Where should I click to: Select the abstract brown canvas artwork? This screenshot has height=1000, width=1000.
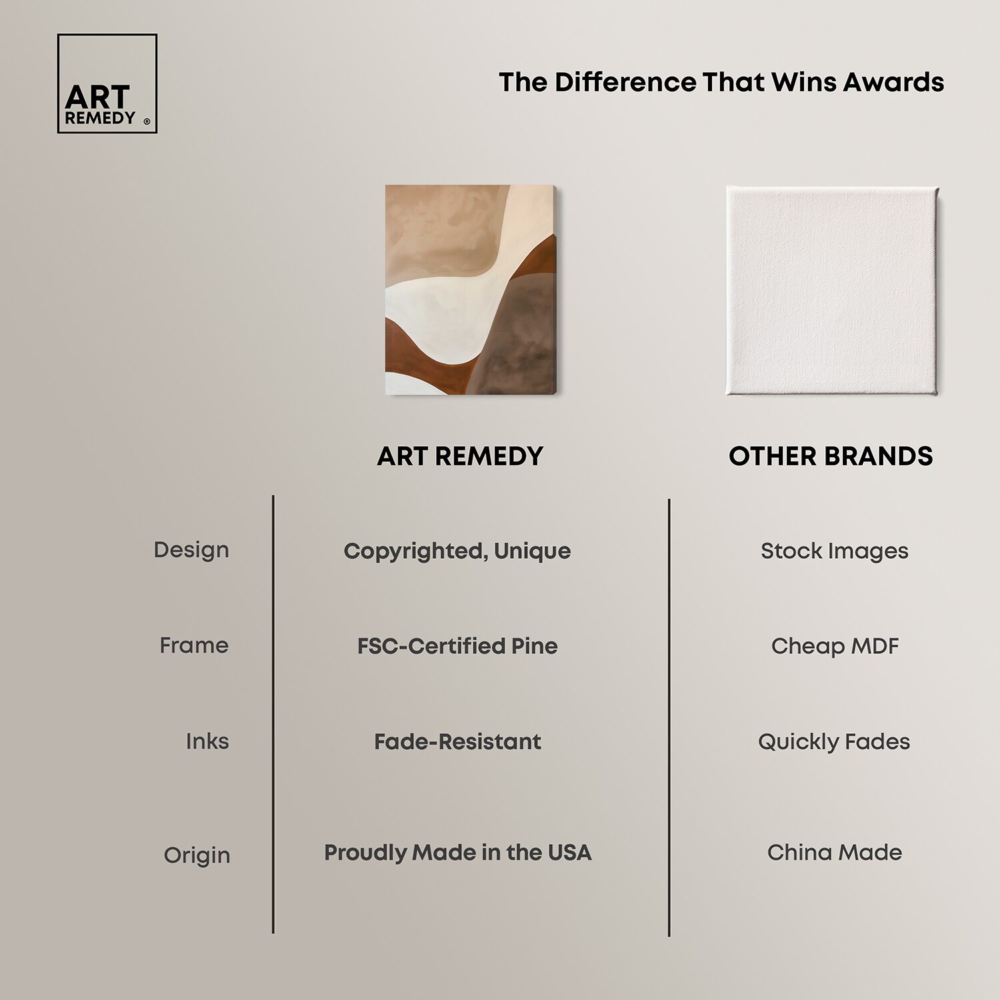[471, 290]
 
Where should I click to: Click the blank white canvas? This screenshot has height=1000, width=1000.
[833, 291]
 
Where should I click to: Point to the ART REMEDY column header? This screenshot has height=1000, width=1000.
[460, 456]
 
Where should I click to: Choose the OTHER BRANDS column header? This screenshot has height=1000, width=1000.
[831, 456]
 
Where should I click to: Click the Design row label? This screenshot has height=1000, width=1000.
[191, 550]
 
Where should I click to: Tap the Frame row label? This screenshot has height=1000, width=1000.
[194, 645]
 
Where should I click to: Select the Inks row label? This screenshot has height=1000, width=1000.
[207, 741]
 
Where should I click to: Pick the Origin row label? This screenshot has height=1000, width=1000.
[197, 855]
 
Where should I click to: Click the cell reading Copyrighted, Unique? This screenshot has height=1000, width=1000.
[457, 551]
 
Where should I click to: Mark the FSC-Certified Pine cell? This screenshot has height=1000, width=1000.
[457, 646]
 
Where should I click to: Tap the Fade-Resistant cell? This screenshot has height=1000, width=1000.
[457, 741]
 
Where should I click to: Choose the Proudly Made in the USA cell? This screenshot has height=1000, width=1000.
[458, 852]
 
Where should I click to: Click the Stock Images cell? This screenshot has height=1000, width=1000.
[835, 551]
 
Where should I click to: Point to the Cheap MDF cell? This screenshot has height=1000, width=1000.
[835, 646]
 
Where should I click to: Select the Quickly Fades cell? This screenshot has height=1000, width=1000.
[834, 741]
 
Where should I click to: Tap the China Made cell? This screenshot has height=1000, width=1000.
[835, 852]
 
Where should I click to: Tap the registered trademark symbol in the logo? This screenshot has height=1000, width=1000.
[147, 121]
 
